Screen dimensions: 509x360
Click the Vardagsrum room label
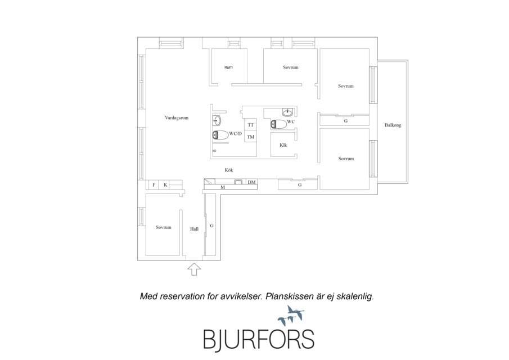pos(177,118)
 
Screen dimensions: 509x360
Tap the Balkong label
pos(393,125)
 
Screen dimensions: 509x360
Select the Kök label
pos(229,170)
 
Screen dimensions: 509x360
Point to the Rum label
pos(228,67)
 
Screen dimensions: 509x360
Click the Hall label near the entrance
pos(194,229)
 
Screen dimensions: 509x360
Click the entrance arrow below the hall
pos(194,269)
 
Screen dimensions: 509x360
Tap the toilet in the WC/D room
pos(220,134)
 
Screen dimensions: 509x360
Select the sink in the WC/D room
pos(217,121)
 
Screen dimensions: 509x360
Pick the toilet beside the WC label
pos(278,124)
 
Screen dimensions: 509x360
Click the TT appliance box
pos(251,125)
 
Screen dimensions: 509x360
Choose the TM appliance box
pos(251,137)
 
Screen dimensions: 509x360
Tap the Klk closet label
pos(283,145)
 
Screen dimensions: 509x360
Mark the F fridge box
pos(154,185)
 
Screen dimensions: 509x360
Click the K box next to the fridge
pos(165,185)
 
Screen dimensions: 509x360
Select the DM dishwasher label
pos(251,182)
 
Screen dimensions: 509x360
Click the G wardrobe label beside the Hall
pos(211,226)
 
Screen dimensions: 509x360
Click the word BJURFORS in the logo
pos(259,339)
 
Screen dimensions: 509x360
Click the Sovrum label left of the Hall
pos(163,227)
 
